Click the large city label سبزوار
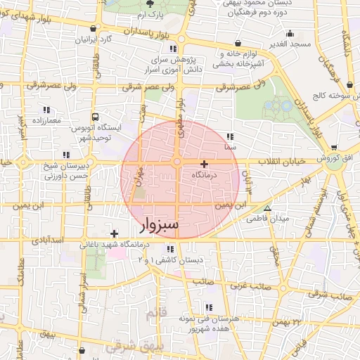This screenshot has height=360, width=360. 160,225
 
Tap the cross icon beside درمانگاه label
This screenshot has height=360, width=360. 204,164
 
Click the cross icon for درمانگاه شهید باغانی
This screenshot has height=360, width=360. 114,233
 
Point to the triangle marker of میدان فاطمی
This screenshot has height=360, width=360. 266,208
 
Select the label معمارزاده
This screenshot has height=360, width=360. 46,121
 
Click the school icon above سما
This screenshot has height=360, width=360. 230,137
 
